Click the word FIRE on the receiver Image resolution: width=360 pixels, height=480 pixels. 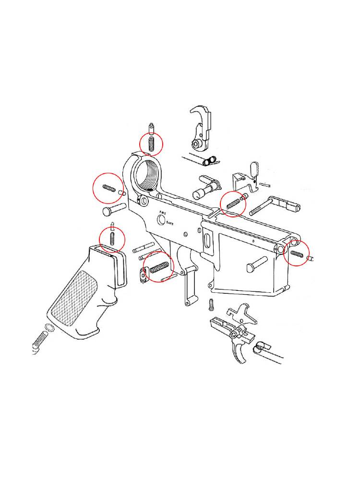[x=162, y=213]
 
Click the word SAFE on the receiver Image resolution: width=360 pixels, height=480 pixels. [x=170, y=224]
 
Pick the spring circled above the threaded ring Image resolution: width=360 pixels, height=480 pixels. [x=151, y=144]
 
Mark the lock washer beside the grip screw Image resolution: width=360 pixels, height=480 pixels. [x=49, y=327]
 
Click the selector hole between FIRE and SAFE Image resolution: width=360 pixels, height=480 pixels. [x=161, y=219]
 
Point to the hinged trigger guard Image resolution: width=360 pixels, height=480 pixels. [x=189, y=285]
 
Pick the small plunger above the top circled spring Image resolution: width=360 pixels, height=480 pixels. [x=151, y=129]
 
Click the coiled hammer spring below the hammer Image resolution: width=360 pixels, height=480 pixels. [x=209, y=160]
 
